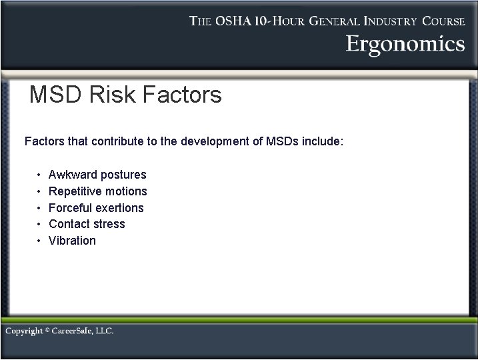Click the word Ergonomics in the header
[405, 44]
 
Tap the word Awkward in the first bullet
[73, 175]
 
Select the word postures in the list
[123, 175]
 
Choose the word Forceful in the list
[71, 207]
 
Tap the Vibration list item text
[72, 241]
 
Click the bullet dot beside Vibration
[39, 241]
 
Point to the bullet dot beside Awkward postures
[39, 175]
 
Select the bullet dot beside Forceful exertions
[39, 207]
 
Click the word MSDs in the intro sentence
[283, 141]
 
